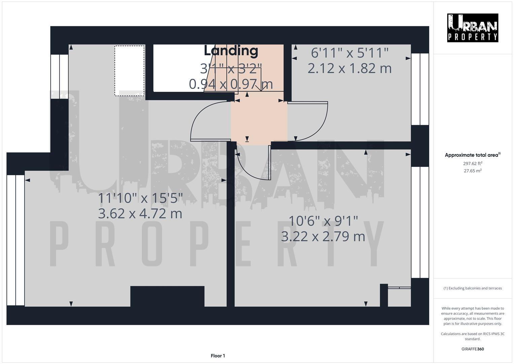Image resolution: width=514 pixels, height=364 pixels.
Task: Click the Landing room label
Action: tap(231, 51)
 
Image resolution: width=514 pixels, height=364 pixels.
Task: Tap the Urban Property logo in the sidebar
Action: tap(472, 28)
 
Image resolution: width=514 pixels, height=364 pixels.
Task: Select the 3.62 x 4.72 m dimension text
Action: tap(140, 214)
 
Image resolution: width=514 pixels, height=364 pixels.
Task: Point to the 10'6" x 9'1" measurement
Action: tap(323, 221)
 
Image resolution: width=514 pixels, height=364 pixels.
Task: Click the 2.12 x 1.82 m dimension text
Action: tap(349, 68)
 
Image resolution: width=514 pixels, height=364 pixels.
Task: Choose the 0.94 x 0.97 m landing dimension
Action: tap(231, 84)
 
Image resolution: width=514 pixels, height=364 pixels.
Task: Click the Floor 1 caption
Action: tap(218, 356)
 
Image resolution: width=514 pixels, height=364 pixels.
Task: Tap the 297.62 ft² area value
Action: tap(472, 163)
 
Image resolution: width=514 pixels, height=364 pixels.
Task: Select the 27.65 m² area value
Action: tap(472, 171)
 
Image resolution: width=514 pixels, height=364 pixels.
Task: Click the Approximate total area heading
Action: tap(472, 155)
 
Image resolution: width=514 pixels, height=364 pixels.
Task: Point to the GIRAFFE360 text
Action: tap(472, 349)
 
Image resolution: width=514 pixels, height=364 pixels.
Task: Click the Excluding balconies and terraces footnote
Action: tap(472, 288)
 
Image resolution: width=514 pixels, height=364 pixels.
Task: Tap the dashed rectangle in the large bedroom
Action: tap(130, 71)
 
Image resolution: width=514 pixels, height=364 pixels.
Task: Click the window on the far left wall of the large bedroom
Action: tap(15, 240)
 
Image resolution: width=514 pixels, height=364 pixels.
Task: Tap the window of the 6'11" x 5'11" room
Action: tap(420, 89)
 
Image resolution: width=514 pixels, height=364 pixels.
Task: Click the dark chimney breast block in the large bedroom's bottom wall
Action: tap(167, 296)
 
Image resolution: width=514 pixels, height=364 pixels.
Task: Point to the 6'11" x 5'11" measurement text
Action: tap(349, 53)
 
